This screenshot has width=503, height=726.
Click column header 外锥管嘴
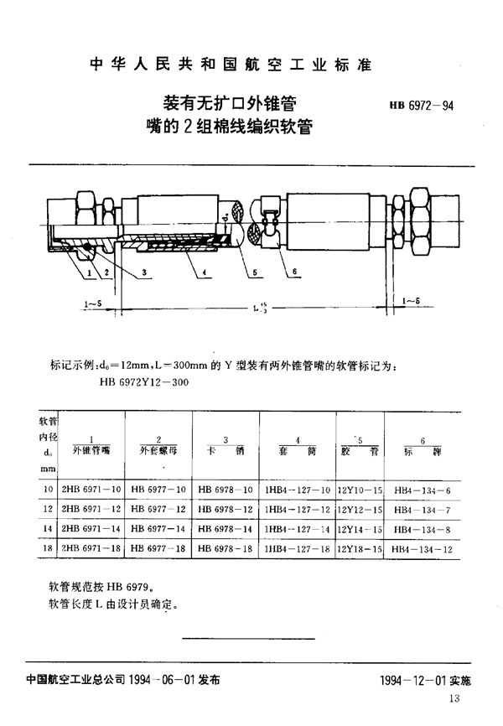[x=91, y=450]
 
